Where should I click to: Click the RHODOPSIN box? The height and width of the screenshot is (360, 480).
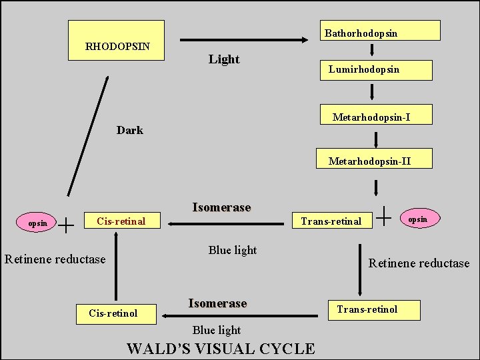coord(117,40)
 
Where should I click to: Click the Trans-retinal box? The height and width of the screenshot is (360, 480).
coord(331,221)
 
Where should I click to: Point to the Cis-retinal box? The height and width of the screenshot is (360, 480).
coord(121,221)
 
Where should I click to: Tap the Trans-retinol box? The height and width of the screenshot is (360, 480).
coord(373,309)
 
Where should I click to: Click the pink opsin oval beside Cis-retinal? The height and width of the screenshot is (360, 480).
coord(38,223)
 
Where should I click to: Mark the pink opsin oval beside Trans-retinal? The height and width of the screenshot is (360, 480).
coord(418,219)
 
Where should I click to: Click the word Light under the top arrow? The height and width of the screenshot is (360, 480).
coord(224,59)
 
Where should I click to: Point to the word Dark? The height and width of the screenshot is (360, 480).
coord(130,131)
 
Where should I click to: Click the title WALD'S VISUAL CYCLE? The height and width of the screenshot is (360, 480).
coord(221,349)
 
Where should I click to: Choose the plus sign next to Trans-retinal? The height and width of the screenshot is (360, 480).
coord(385,215)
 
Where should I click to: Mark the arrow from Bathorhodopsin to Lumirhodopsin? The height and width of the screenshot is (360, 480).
coord(372,51)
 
